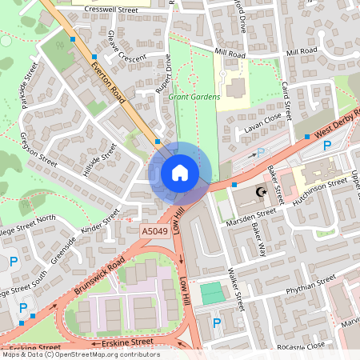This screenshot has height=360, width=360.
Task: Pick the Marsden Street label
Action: click(250, 217)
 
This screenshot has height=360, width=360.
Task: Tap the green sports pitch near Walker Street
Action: click(212, 293)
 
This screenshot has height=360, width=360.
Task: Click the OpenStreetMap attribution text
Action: click(80, 354)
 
